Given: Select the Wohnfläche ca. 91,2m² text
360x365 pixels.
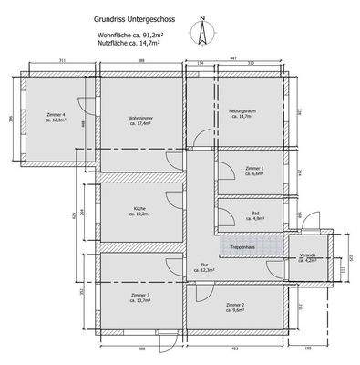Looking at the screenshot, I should [x=129, y=33].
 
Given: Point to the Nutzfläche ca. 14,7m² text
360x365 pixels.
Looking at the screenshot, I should [x=129, y=42].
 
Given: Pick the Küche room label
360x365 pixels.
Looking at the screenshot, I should [x=139, y=212].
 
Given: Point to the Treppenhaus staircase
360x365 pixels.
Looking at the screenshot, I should [x=249, y=245].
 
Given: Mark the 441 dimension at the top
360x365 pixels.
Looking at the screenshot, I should [x=233, y=57].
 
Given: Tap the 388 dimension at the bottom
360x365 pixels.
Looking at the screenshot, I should [x=142, y=349].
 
